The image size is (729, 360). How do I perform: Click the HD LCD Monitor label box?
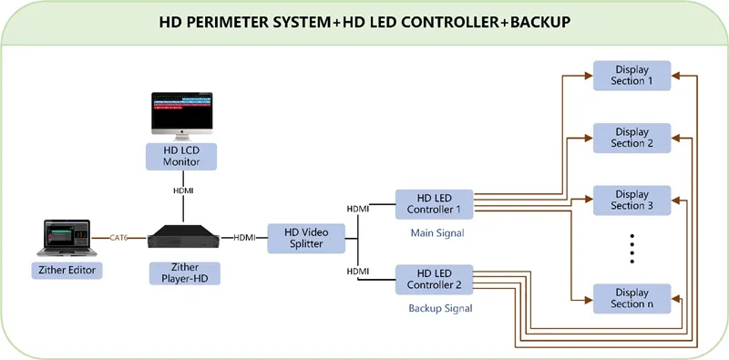click(x=181, y=155)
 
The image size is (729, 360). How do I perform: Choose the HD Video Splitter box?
click(x=306, y=239)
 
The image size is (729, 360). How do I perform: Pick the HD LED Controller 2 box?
click(x=434, y=279)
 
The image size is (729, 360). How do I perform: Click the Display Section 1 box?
click(x=632, y=76)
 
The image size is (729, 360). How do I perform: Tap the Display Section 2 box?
click(x=632, y=138)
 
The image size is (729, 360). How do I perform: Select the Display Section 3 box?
click(x=632, y=200)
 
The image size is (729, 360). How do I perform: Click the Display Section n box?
click(x=632, y=298)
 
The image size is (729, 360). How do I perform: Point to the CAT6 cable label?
click(x=118, y=238)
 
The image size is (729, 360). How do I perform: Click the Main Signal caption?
click(x=438, y=233)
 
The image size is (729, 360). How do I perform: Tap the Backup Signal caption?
click(x=438, y=308)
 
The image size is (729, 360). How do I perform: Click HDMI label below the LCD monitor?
click(x=183, y=191)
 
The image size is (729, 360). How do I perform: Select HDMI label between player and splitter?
click(x=244, y=238)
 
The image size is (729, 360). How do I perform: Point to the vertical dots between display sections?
click(x=632, y=249)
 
